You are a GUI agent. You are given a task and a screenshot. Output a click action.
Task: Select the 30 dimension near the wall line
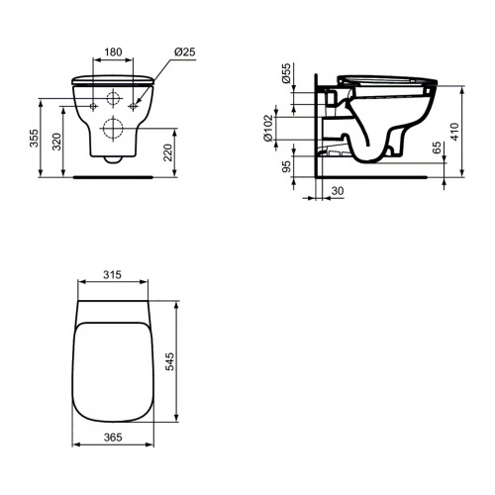tap(336, 190)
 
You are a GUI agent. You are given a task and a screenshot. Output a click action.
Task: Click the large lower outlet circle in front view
tap(112, 128)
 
